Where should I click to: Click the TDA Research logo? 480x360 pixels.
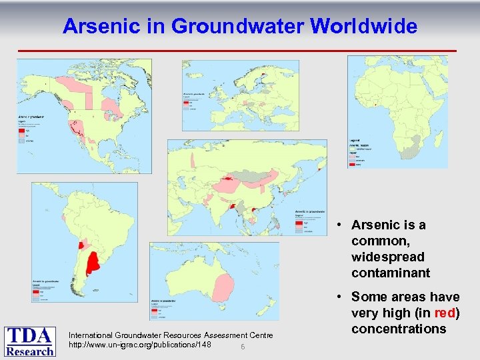click(31, 341)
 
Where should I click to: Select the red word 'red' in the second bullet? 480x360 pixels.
click(445, 313)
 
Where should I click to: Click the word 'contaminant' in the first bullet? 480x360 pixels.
click(390, 273)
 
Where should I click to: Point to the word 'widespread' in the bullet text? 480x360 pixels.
click(388, 257)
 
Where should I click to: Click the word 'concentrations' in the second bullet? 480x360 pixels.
click(399, 329)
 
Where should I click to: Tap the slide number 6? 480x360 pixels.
click(243, 347)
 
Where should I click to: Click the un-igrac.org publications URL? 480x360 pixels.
click(140, 345)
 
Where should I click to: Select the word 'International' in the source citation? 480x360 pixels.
click(91, 335)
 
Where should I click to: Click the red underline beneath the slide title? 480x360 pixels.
click(237, 51)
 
